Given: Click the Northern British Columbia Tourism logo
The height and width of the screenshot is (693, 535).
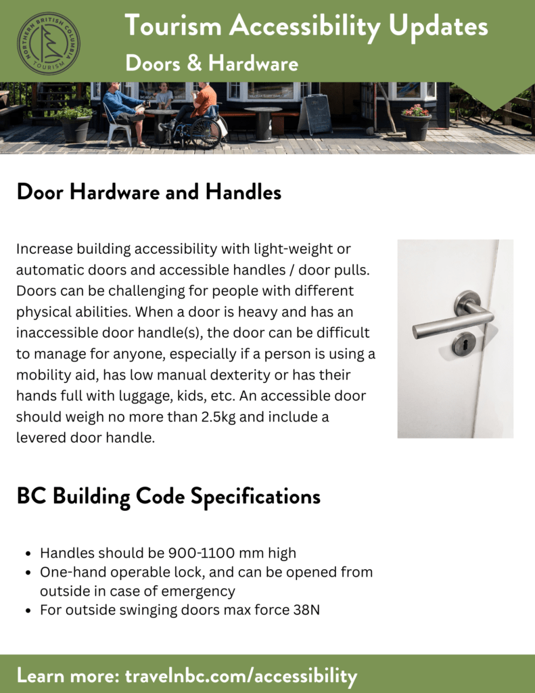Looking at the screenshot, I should (48, 43).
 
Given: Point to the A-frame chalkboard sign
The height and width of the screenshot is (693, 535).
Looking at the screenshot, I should (317, 114).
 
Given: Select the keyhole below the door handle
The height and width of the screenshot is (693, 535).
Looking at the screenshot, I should (463, 344).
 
